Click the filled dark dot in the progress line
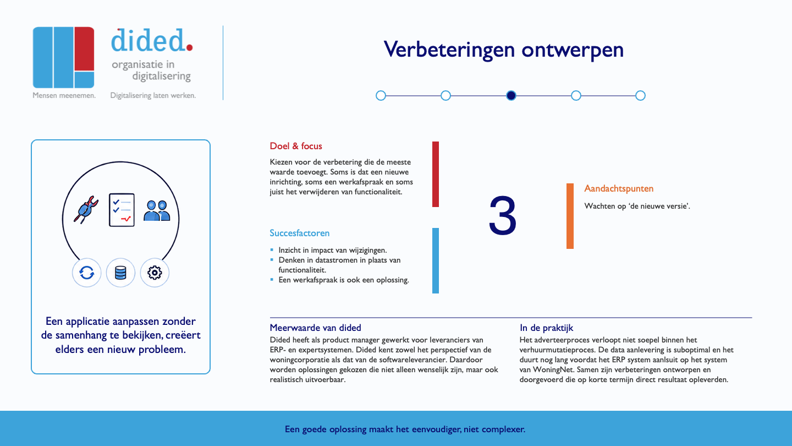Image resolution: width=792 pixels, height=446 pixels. point(511,96)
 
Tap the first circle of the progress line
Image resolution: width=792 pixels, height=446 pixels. point(381,96)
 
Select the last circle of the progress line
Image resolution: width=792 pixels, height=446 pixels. point(640,96)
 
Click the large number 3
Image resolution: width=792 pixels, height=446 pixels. point(503,216)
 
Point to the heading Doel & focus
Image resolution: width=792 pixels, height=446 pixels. point(296,146)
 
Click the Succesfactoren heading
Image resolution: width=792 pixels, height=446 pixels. point(299,233)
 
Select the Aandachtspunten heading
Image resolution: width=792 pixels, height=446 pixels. point(619,189)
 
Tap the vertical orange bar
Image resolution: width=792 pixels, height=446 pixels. point(570,216)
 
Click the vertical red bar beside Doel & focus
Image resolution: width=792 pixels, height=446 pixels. point(436,174)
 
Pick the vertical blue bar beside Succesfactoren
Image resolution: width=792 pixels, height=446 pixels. point(436,260)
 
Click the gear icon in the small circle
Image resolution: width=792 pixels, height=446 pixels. point(155,273)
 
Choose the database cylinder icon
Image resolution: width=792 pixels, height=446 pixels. point(120,273)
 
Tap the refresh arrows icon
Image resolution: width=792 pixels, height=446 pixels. point(87,273)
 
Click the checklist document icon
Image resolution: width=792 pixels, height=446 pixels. point(122,210)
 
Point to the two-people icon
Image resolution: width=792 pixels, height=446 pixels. point(157,211)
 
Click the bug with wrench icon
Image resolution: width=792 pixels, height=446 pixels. point(86,210)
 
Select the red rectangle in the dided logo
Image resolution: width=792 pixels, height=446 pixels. point(84,49)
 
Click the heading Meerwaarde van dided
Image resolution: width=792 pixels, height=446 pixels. point(315,328)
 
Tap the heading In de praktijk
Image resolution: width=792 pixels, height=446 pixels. point(546,328)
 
